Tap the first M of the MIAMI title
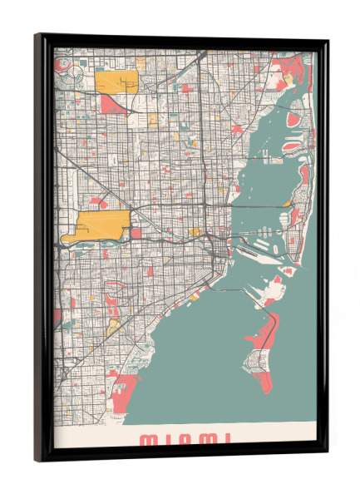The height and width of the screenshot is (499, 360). point(146,438)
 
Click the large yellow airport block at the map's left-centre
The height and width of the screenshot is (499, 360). point(102,223)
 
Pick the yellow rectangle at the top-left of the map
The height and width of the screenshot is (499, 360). point(116,82)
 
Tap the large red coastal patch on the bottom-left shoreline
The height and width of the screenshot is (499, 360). point(126,389)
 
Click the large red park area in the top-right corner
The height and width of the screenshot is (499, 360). point(298,63)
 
